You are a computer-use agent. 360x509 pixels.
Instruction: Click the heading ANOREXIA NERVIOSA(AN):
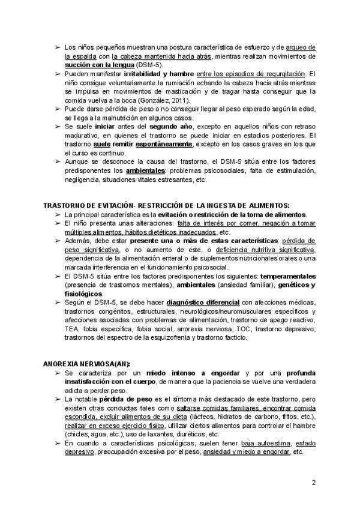(87, 364)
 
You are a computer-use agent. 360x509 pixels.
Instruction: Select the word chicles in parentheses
(74, 434)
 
